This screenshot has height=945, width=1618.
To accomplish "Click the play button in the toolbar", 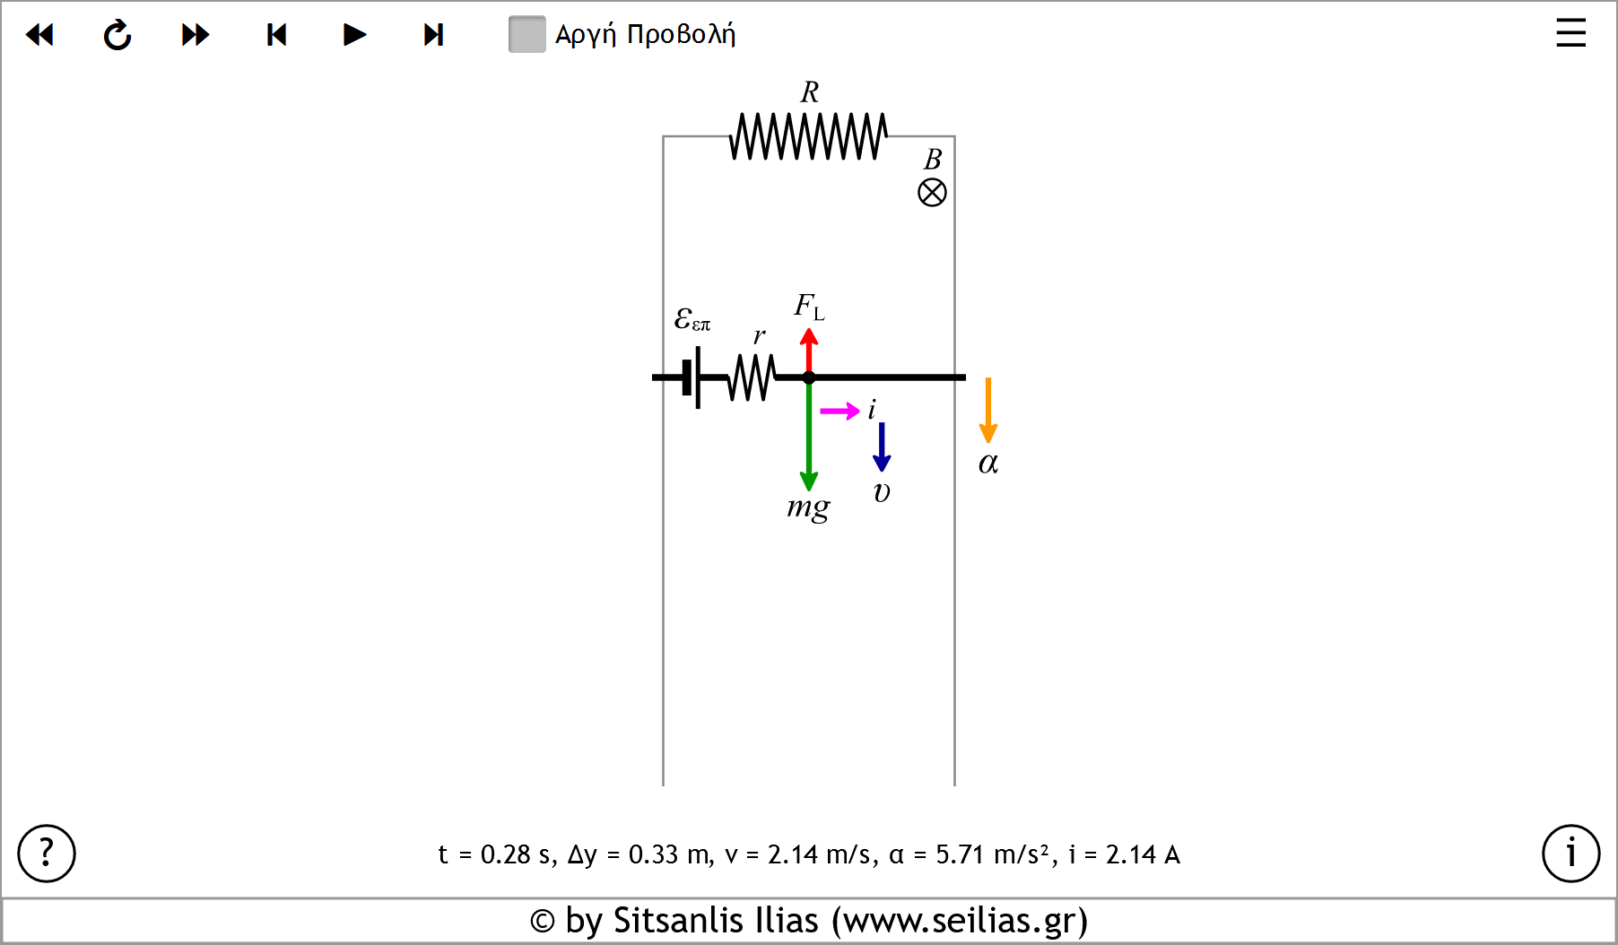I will pos(355,35).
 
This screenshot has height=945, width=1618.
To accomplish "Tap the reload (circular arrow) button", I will pos(117,35).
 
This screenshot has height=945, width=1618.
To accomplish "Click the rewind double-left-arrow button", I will pos(39,35).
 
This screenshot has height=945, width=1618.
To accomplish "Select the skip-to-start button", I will pos(276,35).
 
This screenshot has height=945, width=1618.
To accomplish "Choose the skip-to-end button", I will pos(433,35).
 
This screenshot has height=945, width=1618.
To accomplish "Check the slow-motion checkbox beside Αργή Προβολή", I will pos(526,35).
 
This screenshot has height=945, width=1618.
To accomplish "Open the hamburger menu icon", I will pos(1570,33).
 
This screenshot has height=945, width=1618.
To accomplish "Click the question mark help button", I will pos(47,854).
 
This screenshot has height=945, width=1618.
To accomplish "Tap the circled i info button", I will pos(1570,854).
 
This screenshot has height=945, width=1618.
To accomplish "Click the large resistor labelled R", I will pos(808,136).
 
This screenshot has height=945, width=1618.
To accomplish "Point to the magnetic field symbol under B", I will pos(932,193).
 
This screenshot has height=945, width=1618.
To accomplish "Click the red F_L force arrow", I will pos(809,349).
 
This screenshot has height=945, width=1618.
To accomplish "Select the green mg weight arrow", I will pos(809,439).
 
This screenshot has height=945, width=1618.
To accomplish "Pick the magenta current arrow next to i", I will pos(839,412).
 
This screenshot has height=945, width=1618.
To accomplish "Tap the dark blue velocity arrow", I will pos(882,446).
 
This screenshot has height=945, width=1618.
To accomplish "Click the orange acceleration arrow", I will pos(987,410).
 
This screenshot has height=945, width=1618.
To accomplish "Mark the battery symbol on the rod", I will pos(692,377).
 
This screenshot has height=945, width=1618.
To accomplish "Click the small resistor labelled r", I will pos(752,377).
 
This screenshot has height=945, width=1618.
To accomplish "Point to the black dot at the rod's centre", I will pos(809,377).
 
